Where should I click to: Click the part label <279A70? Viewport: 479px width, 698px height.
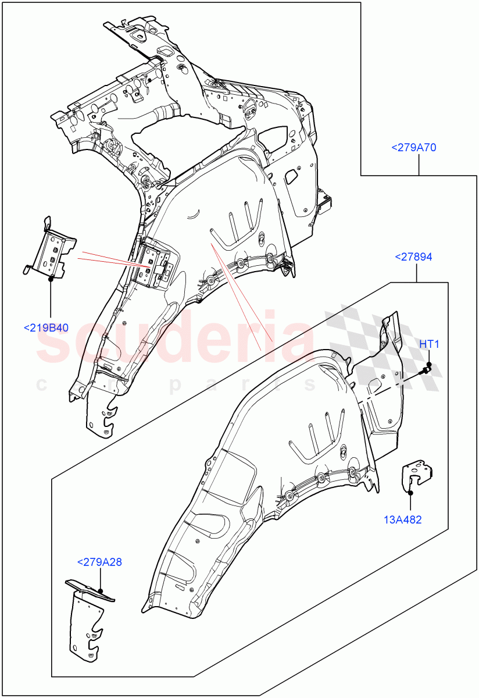pyautogui.click(x=413, y=148)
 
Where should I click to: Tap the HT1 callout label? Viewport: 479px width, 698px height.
pyautogui.click(x=429, y=344)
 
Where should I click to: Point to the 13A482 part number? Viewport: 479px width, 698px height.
pyautogui.click(x=403, y=519)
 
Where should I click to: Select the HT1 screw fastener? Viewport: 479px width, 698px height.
pyautogui.click(x=427, y=368)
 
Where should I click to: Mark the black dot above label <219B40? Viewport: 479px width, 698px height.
pyautogui.click(x=51, y=279)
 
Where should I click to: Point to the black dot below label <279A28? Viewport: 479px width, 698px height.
pyautogui.click(x=100, y=590)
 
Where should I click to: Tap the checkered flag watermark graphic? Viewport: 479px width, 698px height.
pyautogui.click(x=372, y=343)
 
